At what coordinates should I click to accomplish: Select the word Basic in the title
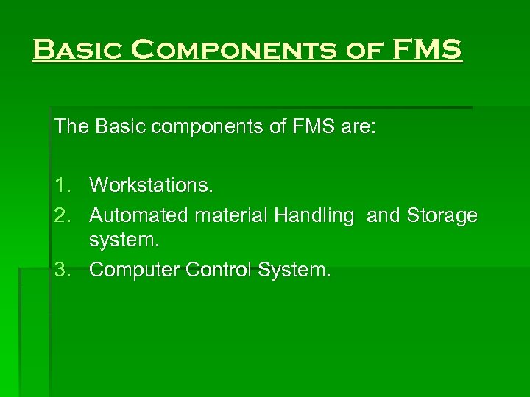[77, 51]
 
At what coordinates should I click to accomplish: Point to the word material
[230, 215]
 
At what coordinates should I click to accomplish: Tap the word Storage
[441, 215]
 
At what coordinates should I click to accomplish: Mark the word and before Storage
[383, 215]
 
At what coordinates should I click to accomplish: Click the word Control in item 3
[219, 270]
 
